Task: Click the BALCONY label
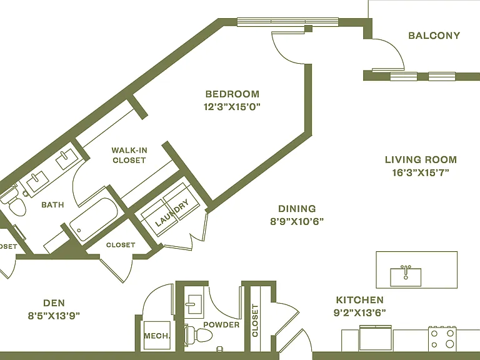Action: (x=434, y=36)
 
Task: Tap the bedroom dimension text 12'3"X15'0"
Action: (x=232, y=107)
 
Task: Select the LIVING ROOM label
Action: (x=421, y=159)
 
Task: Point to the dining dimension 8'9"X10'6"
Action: (x=297, y=221)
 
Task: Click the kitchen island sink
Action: (x=406, y=276)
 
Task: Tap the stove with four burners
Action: (x=442, y=338)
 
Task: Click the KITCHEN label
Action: (x=360, y=300)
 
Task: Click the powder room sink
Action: (x=194, y=304)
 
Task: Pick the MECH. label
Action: (x=157, y=336)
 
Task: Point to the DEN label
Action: (x=54, y=303)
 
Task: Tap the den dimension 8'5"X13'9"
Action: (x=54, y=316)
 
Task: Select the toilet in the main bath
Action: (x=14, y=202)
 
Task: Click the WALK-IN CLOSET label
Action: (x=129, y=155)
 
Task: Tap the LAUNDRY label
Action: (x=172, y=213)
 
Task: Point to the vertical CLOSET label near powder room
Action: (x=255, y=320)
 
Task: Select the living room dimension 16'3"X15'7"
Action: (x=421, y=173)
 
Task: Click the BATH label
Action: (x=52, y=204)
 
